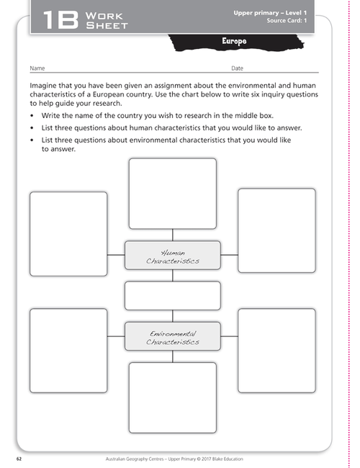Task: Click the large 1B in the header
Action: point(60,19)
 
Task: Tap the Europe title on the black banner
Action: point(234,42)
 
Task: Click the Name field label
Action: point(37,68)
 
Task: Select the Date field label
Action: point(237,68)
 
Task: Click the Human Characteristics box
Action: point(172,256)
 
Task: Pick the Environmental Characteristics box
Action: point(172,336)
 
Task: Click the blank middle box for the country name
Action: point(172,296)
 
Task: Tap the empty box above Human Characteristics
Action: point(172,192)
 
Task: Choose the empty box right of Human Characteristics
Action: point(276,230)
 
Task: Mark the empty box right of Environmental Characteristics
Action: point(276,348)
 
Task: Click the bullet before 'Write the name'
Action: point(33,115)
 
